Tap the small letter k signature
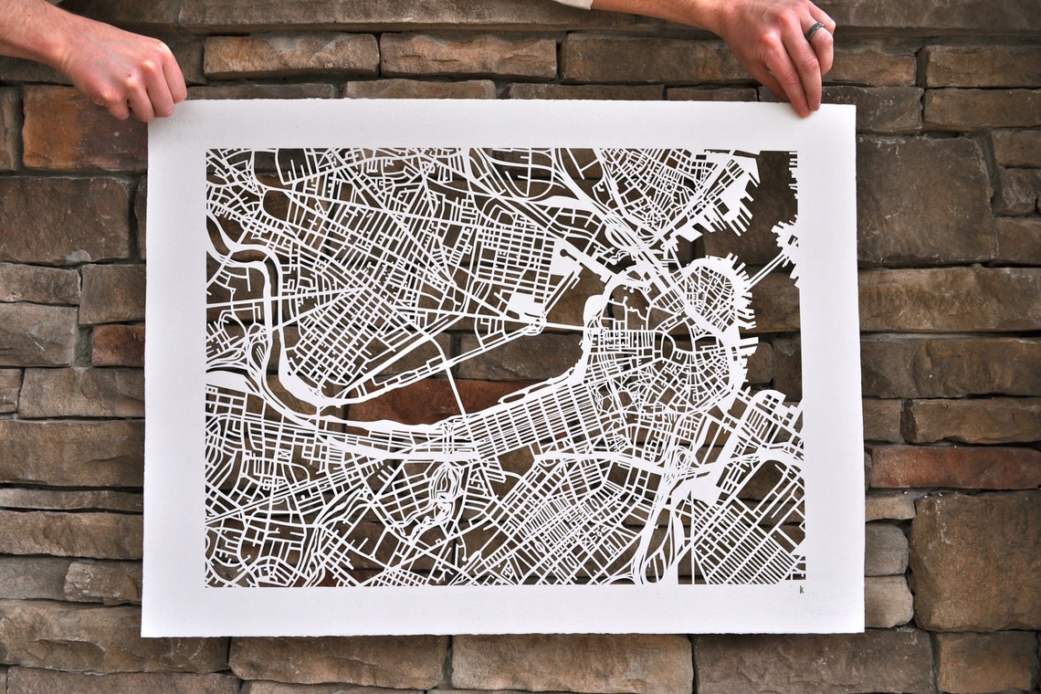801,590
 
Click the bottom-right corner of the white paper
863,629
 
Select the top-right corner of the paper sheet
854,105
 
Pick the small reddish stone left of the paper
117,345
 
